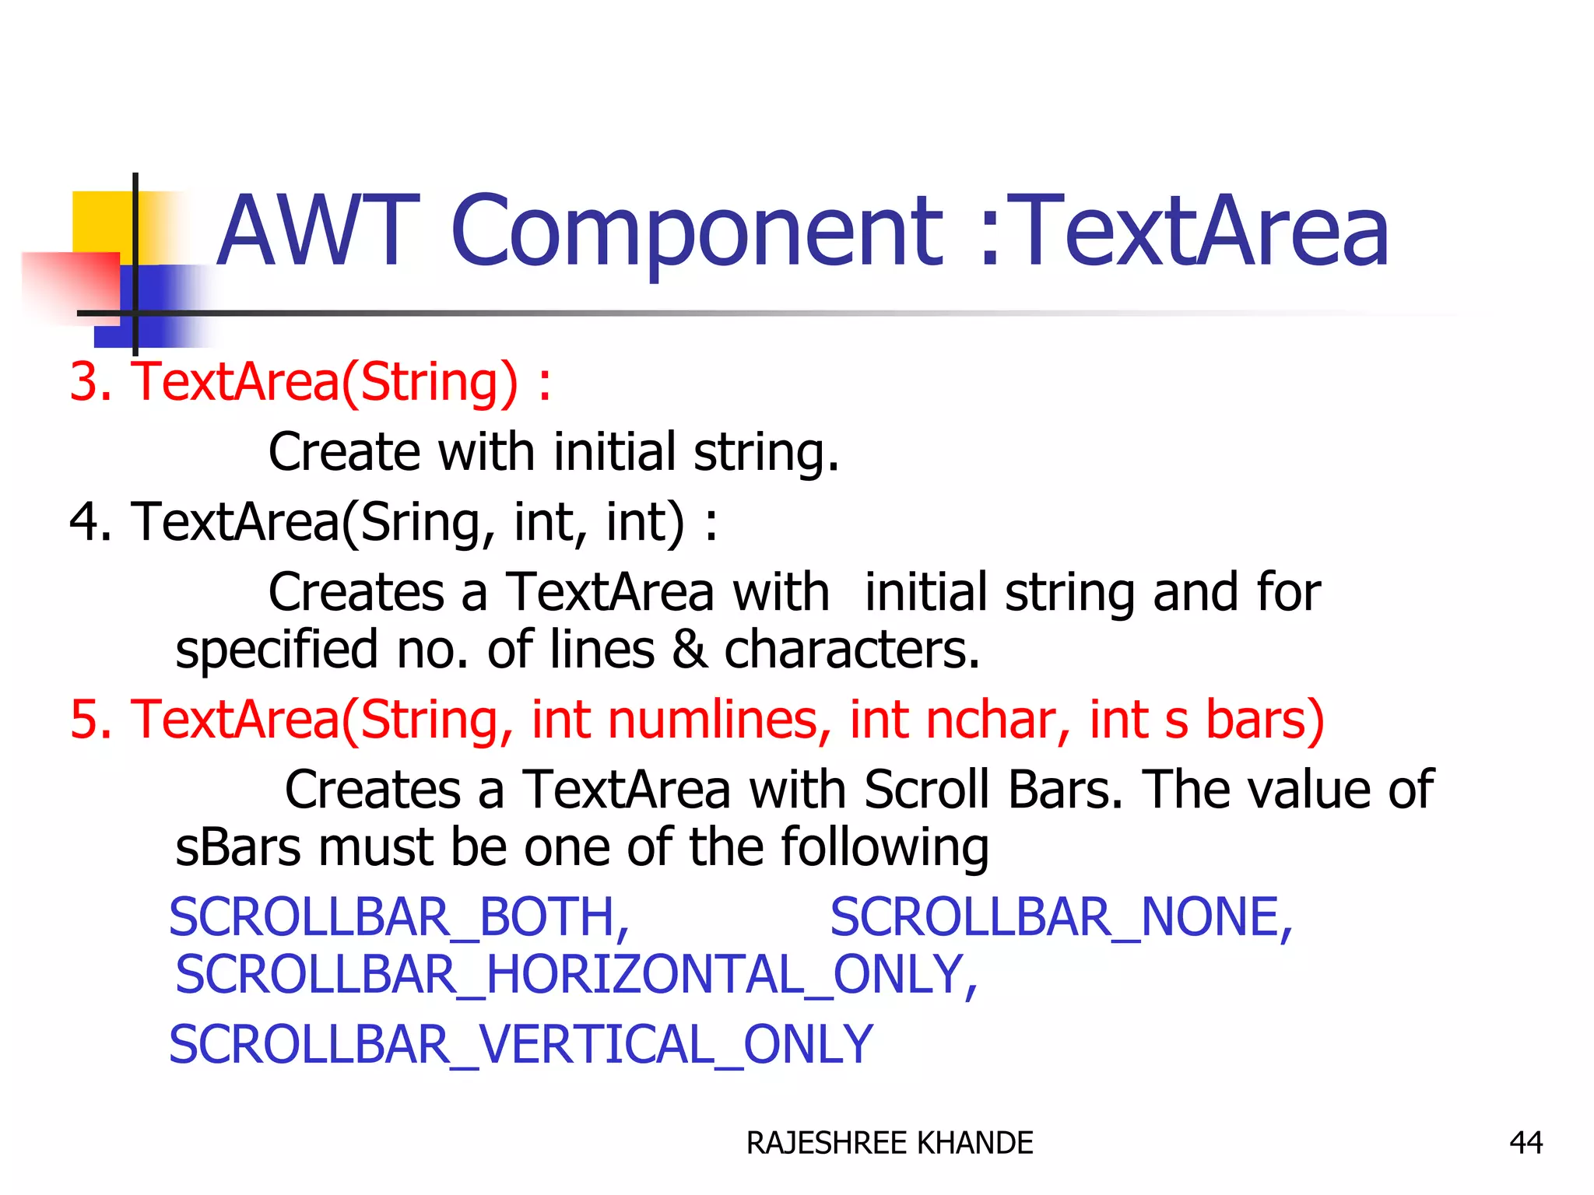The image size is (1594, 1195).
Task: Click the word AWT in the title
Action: (315, 232)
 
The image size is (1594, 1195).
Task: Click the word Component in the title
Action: (697, 232)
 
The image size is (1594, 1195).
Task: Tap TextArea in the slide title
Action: (1203, 232)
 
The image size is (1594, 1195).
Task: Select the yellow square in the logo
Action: (101, 222)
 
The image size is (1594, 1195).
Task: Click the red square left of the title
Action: (70, 284)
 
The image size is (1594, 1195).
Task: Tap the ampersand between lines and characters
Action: (689, 650)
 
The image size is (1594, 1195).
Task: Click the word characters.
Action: (851, 650)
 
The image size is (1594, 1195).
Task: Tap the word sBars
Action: (237, 847)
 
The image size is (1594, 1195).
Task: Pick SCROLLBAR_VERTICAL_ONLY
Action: (521, 1045)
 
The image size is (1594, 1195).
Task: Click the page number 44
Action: (1526, 1143)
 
